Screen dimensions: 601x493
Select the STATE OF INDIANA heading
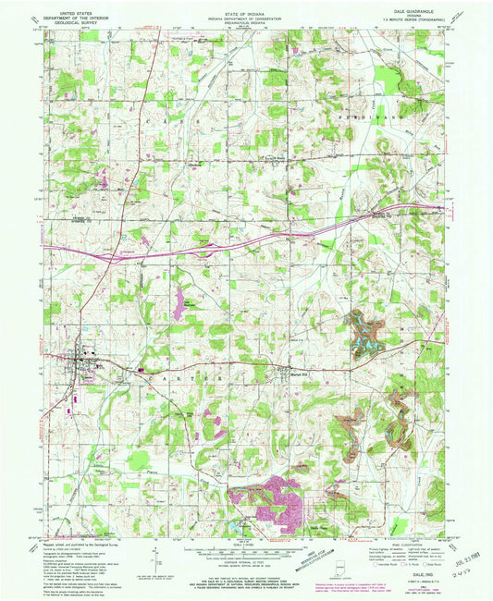pyautogui.click(x=246, y=8)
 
